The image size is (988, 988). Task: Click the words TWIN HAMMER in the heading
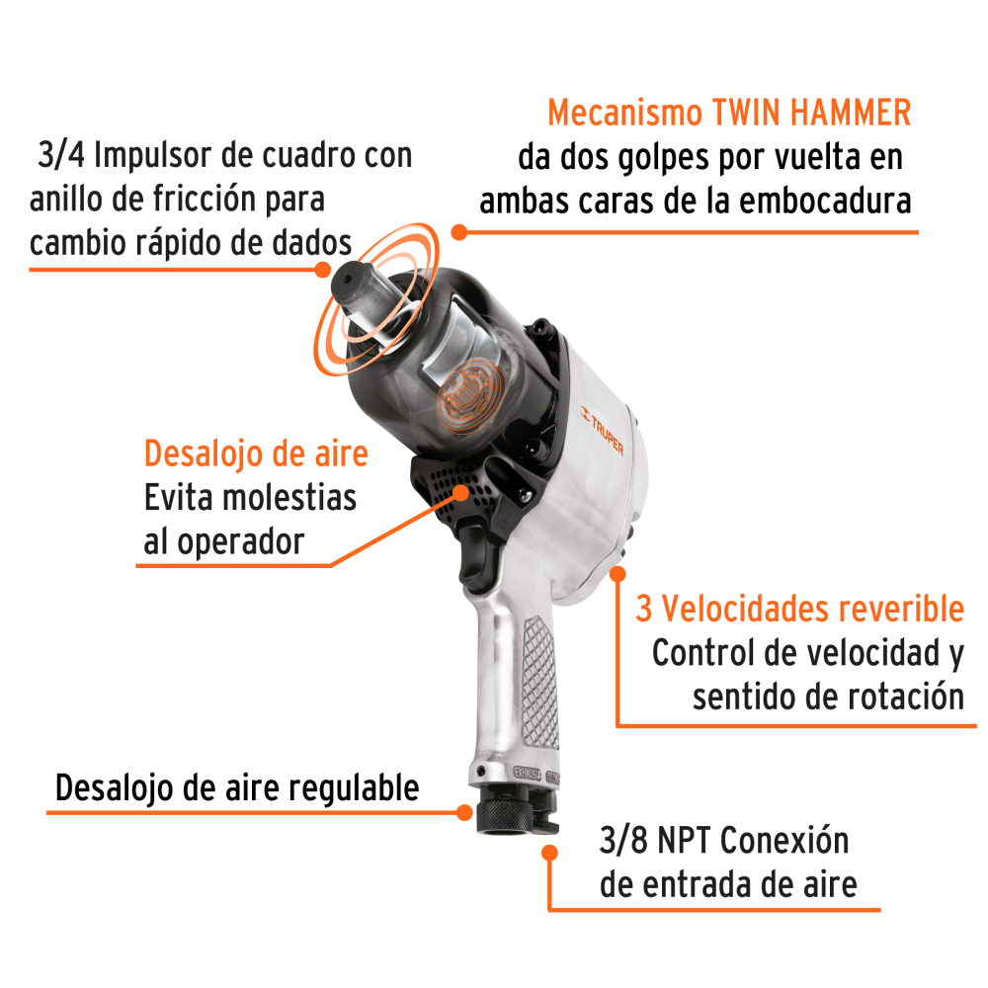[x=812, y=114]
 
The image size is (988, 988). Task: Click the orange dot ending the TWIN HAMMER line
[x=458, y=232]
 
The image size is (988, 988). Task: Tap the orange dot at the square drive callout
[x=323, y=269]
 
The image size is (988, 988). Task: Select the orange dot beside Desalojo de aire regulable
[x=464, y=811]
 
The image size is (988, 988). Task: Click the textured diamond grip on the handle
[x=537, y=672]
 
